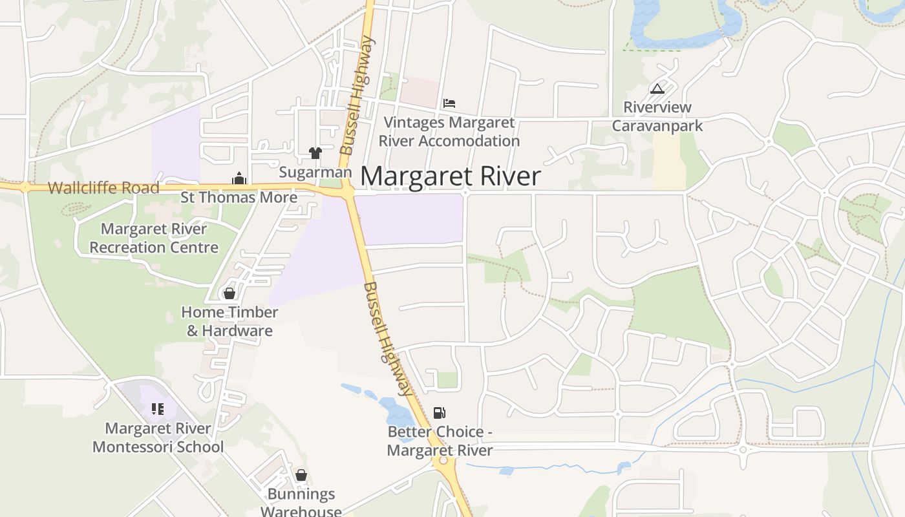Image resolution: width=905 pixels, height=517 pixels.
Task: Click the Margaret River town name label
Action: click(450, 176)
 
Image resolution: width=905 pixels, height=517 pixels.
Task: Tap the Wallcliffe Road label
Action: click(103, 188)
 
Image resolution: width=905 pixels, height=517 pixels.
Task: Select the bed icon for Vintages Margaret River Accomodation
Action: click(449, 103)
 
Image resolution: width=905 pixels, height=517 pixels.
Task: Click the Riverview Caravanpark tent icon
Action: click(657, 89)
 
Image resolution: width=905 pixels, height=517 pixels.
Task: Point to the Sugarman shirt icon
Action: click(315, 153)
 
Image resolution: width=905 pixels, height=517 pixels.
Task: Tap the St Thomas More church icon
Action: click(239, 178)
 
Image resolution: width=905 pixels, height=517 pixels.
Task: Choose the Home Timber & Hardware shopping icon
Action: click(229, 294)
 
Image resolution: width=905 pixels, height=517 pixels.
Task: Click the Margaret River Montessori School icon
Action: click(158, 409)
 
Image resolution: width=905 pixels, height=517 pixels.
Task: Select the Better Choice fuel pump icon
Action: click(440, 413)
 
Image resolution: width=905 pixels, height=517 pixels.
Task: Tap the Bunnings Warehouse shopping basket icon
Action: click(301, 476)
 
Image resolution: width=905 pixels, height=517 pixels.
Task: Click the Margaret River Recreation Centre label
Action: click(154, 238)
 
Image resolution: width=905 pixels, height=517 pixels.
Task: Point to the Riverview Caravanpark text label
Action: click(657, 116)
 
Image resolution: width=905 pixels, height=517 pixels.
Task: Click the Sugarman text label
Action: click(315, 173)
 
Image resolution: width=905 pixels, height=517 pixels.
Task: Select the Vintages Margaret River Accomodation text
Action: click(449, 131)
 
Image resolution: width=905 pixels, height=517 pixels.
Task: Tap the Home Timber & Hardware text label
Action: click(229, 321)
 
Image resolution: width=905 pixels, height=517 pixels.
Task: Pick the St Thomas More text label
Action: click(239, 197)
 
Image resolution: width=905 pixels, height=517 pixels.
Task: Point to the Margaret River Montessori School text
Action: click(158, 438)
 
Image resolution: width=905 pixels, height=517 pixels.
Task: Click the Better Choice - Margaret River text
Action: click(440, 441)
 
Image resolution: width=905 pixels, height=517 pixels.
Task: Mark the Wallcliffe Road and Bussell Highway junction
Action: click(348, 191)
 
